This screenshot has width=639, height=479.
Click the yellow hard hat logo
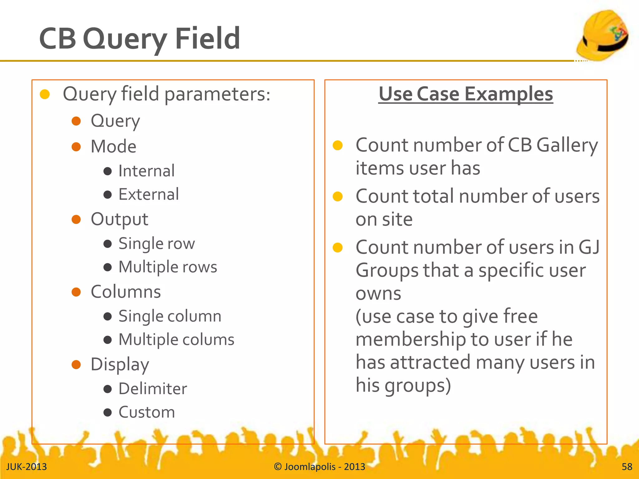pos(602,35)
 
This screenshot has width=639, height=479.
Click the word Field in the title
pos(207,39)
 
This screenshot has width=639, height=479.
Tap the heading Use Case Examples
pos(466,94)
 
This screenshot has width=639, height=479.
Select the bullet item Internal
pos(146,171)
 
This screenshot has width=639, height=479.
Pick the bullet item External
pos(149,194)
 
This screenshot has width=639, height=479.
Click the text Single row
pos(157,243)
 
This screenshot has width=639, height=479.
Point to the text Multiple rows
pos(168,267)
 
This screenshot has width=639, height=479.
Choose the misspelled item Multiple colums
pos(176,340)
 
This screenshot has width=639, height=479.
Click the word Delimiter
pos(153,389)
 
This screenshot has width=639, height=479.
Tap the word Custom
pos(147,412)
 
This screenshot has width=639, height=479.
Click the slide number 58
pos(627,467)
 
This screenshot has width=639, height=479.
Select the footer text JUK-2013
pos(27,467)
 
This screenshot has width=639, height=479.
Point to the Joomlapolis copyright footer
pos(319,467)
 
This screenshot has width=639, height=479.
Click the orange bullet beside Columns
pos(76,292)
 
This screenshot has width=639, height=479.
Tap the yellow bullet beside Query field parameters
pos(45,94)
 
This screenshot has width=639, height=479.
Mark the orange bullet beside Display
pos(76,365)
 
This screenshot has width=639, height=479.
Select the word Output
pos(119,219)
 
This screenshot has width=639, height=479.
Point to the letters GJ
pos(589,247)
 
